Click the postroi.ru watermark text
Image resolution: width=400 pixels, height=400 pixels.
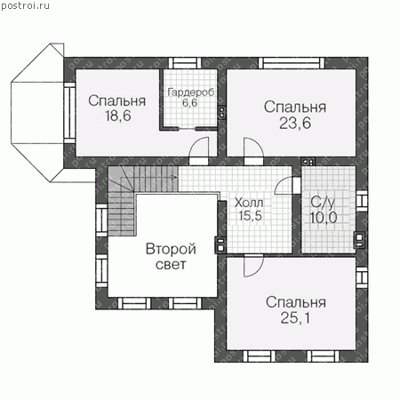[x=25, y=5]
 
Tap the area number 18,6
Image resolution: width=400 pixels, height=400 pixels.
[x=118, y=116]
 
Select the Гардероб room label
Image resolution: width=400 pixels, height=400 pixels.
[x=190, y=92]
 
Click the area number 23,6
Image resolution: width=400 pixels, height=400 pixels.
[x=295, y=123]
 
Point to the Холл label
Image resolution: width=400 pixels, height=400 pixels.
[x=249, y=204]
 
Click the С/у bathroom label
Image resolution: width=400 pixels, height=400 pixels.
[x=323, y=203]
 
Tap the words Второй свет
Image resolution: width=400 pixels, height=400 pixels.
[x=171, y=257]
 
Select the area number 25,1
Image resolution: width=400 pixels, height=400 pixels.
[x=295, y=318]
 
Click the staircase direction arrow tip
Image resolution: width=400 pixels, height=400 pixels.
[x=177, y=177]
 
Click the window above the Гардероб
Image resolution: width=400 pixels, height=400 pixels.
[x=185, y=63]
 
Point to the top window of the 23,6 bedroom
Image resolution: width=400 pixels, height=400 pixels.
[x=292, y=63]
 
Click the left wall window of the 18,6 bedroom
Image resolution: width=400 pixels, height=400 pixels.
[x=70, y=113]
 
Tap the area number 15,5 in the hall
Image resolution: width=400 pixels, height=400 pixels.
[x=251, y=216]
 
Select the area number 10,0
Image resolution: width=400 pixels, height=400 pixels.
[x=324, y=218]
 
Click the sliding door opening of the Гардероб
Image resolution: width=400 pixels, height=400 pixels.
[x=188, y=129]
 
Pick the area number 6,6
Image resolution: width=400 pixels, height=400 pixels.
[x=190, y=103]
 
